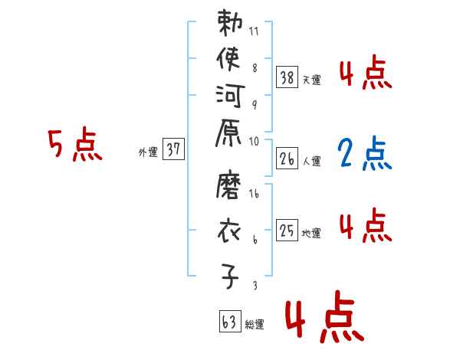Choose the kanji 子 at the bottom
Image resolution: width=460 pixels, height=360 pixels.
229,277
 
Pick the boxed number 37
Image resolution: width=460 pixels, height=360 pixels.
173,150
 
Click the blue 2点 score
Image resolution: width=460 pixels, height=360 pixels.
364,154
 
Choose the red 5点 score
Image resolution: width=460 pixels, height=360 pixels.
74,146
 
